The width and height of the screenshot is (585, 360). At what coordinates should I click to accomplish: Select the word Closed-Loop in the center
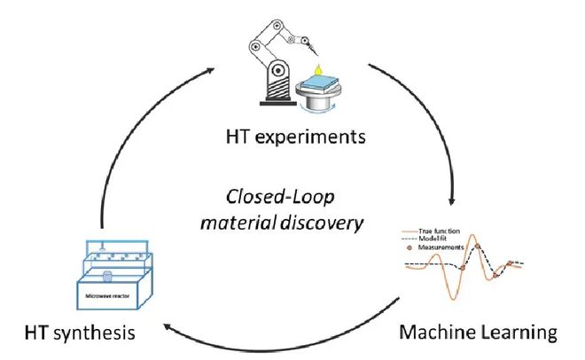(x=269, y=195)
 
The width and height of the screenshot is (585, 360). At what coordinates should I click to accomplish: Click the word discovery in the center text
(x=325, y=221)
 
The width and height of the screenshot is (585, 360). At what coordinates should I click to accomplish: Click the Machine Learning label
(x=478, y=333)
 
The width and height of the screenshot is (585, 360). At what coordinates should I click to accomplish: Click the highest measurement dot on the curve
(x=477, y=247)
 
